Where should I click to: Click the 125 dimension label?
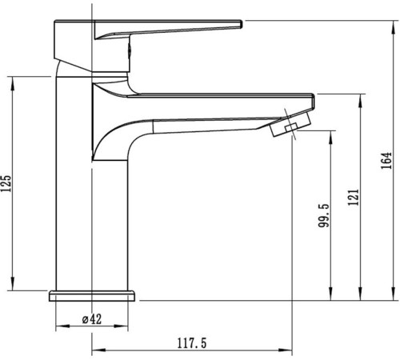pos(7,184)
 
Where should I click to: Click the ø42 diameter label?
pos(92,318)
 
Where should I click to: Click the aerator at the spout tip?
pos(287,128)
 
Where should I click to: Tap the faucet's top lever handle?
pos(168,28)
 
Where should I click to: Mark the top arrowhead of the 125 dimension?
pos(14,81)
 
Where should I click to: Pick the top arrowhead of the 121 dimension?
pos(362,95)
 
